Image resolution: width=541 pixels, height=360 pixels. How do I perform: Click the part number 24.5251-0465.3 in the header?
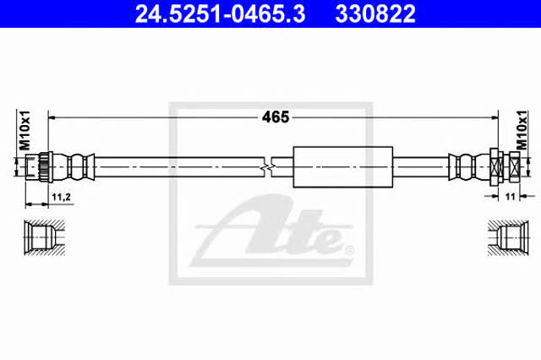pos(220,14)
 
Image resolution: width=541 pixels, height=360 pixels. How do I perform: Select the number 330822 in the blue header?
pos(375,14)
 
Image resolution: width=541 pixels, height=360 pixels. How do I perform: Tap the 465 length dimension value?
pos(276,117)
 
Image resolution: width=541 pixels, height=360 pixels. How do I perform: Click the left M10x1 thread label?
pos(25,130)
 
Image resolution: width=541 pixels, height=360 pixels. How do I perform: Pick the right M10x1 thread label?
pos(522,130)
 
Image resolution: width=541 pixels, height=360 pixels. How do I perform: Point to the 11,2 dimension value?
pos(62,197)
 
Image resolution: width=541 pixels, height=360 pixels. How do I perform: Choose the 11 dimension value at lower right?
pos(510,197)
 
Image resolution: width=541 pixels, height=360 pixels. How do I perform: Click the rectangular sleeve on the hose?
pos(343,166)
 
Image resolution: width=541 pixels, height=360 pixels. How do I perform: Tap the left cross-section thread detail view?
pos(45,237)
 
